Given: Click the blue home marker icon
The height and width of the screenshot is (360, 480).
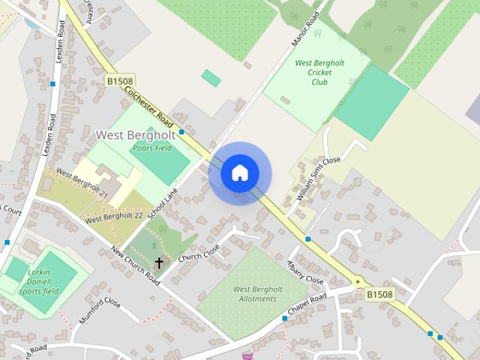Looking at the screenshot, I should [x=240, y=173].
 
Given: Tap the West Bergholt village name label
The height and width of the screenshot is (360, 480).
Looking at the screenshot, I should [x=136, y=135].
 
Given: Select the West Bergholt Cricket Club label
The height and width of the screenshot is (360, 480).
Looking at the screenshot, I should [x=319, y=73].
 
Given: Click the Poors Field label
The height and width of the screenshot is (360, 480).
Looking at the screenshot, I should [x=151, y=148].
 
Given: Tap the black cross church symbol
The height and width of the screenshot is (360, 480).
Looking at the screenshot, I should [x=158, y=262].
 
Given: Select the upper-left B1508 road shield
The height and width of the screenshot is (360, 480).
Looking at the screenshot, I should [x=121, y=81].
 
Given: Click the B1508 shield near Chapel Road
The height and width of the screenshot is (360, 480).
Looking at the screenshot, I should [x=379, y=295].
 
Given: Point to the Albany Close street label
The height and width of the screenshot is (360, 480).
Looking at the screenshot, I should [x=305, y=272].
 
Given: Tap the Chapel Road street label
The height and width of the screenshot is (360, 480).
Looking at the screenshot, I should [x=307, y=304].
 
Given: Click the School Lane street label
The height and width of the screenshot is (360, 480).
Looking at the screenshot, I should [x=163, y=203].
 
